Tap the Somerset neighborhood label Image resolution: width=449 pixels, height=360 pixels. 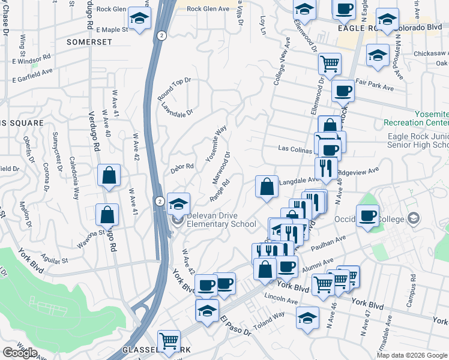click(89, 42)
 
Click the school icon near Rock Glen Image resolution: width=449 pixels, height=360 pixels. click(139, 20)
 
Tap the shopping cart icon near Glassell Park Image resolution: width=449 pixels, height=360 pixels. click(169, 341)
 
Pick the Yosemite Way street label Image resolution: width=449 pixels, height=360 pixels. click(216, 143)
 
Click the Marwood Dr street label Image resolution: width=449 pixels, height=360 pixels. click(221, 168)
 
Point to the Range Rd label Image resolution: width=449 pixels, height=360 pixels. click(220, 191)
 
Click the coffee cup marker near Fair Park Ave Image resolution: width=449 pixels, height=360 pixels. click(343, 91)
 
